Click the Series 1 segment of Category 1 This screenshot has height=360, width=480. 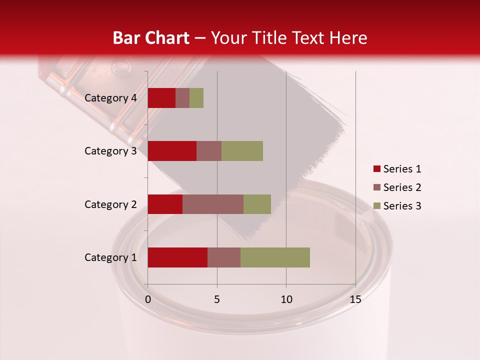[177, 257]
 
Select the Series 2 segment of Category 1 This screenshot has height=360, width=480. [224, 257]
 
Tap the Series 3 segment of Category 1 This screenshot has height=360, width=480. [275, 257]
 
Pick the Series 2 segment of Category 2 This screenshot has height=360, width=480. [213, 204]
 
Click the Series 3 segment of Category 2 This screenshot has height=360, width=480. [257, 204]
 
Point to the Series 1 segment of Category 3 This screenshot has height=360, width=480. [172, 151]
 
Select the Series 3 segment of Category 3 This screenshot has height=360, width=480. [242, 151]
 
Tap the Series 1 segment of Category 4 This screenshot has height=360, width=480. [161, 98]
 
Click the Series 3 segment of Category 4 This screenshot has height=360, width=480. [196, 98]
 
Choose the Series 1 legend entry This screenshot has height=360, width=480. [397, 169]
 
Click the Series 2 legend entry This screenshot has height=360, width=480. [397, 187]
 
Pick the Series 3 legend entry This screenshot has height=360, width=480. [397, 206]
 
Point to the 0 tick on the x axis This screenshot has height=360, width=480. [148, 299]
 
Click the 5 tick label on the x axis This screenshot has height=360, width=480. [217, 299]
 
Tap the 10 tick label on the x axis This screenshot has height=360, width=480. [286, 299]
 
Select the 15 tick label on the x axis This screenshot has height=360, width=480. [355, 299]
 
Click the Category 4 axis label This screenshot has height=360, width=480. [110, 98]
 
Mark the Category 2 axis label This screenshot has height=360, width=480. [110, 204]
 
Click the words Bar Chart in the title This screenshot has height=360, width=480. [151, 38]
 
